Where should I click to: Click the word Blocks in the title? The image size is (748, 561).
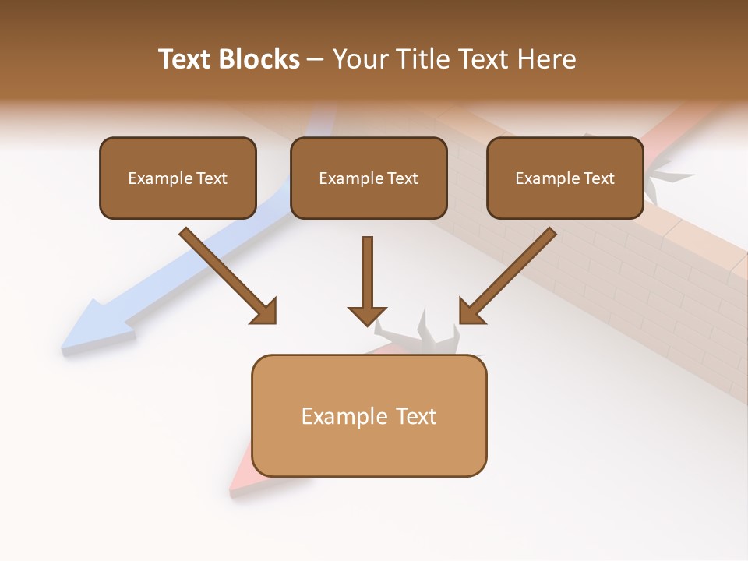[x=259, y=59]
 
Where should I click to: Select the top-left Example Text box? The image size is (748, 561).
[x=178, y=178]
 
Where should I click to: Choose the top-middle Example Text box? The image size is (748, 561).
[x=369, y=178]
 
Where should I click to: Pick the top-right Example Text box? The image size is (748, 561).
[x=565, y=178]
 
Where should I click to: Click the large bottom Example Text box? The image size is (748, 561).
[x=369, y=415]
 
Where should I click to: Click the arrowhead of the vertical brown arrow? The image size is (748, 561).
[x=368, y=316]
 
